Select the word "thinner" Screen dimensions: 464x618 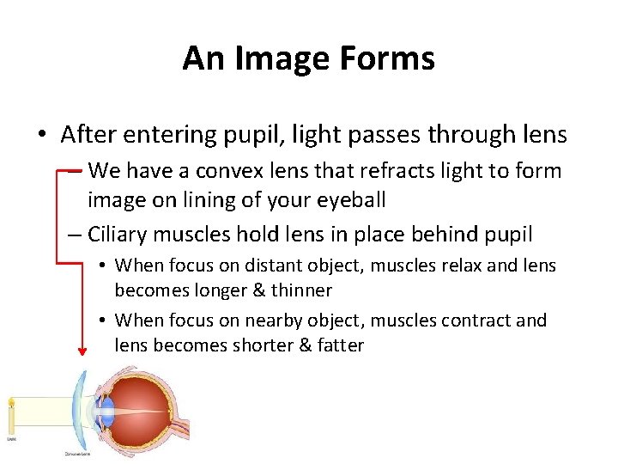[301, 290]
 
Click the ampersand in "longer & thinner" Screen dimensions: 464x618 [258, 290]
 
